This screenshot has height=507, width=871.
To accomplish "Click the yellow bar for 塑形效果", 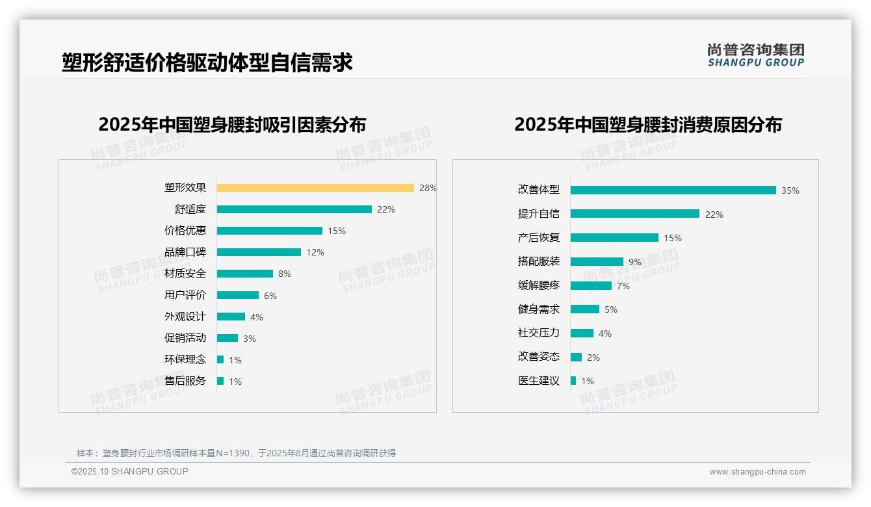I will pos(315,188).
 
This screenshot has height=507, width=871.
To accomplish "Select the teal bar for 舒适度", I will pos(294,209).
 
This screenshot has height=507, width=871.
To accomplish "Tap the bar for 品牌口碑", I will pos(259,252).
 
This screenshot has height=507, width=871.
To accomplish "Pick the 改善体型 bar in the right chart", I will pos(673,190).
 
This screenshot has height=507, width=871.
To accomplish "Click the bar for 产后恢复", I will pos(614,238).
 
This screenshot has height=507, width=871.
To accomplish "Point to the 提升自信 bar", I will pos(634,214).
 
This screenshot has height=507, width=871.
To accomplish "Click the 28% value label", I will pos(428,188).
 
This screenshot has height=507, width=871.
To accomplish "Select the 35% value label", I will pos(790,190).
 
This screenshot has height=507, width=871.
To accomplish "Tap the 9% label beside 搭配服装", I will pos(634,262).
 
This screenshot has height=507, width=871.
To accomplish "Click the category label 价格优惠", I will pos(185,230).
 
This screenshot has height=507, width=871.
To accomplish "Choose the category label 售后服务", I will pos(185,381).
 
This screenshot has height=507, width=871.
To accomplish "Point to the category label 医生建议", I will pos(538,381).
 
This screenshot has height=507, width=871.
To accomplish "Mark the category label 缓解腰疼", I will pos(538,285).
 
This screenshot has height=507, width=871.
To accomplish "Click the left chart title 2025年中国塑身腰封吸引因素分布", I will pos(232,124).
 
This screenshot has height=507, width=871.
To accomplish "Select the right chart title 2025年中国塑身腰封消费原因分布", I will pos(647,124).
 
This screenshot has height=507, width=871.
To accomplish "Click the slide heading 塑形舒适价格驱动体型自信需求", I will pos(207,62).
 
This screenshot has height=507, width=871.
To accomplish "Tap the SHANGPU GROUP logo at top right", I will pos(755,55).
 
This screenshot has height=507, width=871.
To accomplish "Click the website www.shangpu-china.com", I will pos(757,472).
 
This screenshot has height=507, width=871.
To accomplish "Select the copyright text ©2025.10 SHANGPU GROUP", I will pos(130,471).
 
